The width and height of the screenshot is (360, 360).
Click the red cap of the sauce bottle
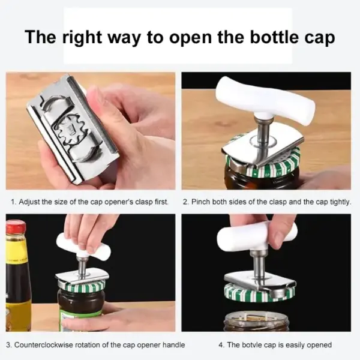(x=16, y=227)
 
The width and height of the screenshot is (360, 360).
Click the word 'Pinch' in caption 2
(x=204, y=202)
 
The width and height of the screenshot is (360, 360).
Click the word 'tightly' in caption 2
(x=339, y=202)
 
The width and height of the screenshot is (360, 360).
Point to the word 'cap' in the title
(x=320, y=37)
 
